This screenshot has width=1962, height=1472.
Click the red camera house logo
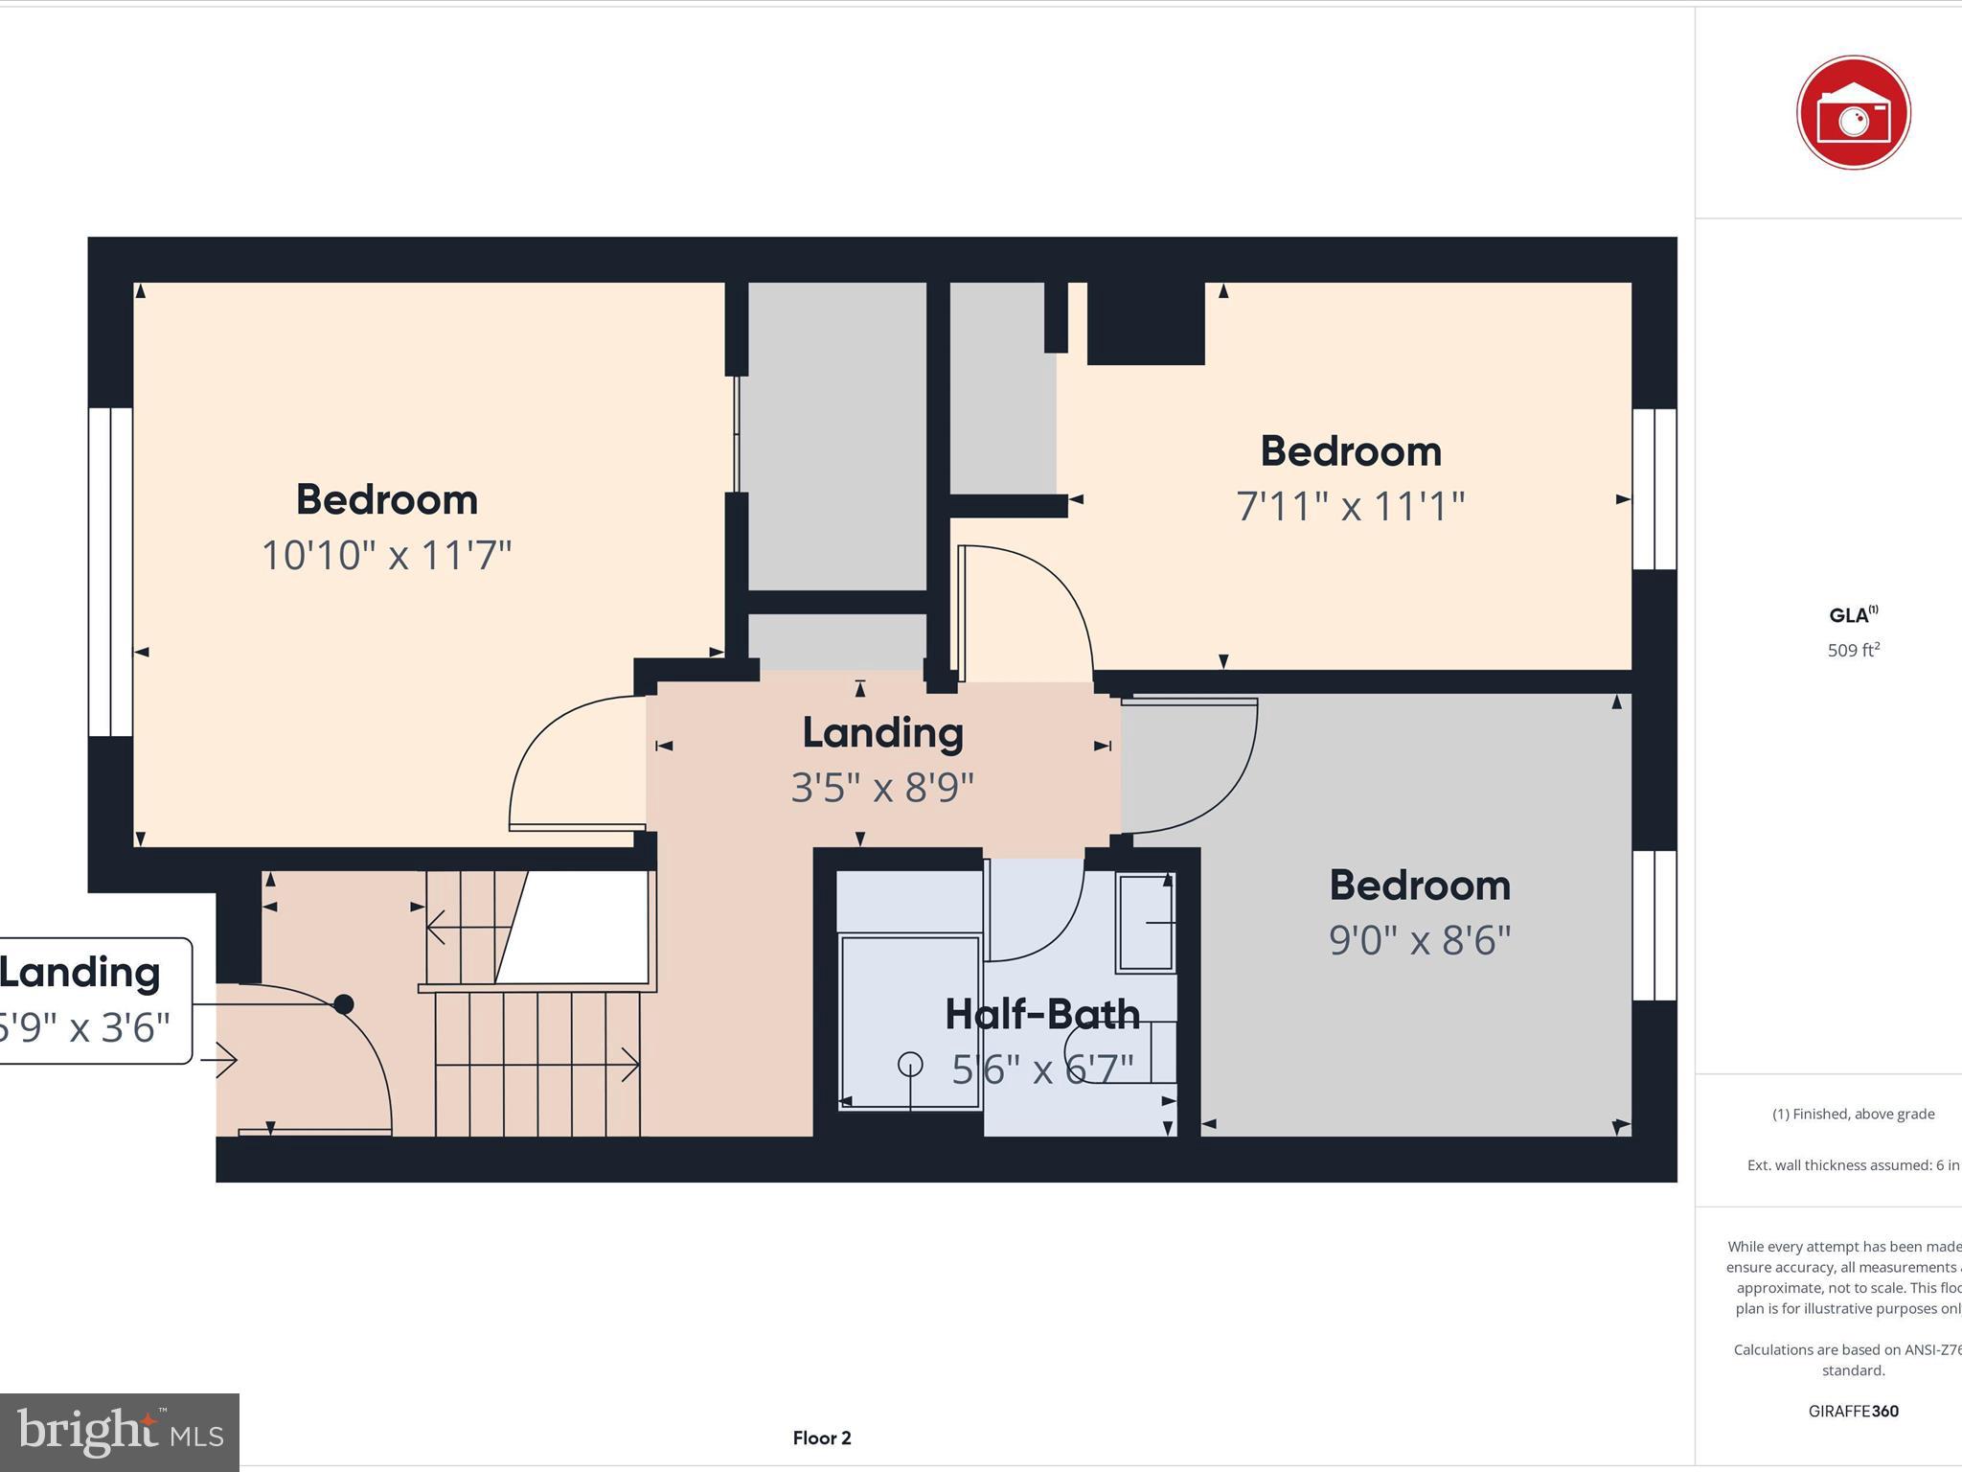pos(1853,113)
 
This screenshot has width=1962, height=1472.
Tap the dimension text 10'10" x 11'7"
pos(386,556)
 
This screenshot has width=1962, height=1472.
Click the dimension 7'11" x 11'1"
pos(1350,506)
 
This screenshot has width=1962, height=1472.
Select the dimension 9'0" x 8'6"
pos(1419,940)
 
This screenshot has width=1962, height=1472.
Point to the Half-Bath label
pos(1041,1014)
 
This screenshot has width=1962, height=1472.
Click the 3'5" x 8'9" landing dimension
pos(882,788)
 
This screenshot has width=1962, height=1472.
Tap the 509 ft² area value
pos(1853,651)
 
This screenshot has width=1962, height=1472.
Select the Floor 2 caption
pos(821,1437)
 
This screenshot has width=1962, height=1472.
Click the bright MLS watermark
pos(120,1432)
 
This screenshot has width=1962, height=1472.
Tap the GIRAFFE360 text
pos(1853,1411)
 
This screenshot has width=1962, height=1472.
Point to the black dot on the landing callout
pos(343,1004)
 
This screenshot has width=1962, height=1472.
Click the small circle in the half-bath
pos(910,1064)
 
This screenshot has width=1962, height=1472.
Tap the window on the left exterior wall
pos(110,572)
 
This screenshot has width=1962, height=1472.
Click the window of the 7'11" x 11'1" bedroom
pos(1654,489)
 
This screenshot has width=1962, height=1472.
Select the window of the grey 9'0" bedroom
pos(1654,926)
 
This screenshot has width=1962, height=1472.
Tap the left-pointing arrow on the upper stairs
pos(437,927)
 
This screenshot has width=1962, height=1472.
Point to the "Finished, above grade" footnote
pos(1853,1114)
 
